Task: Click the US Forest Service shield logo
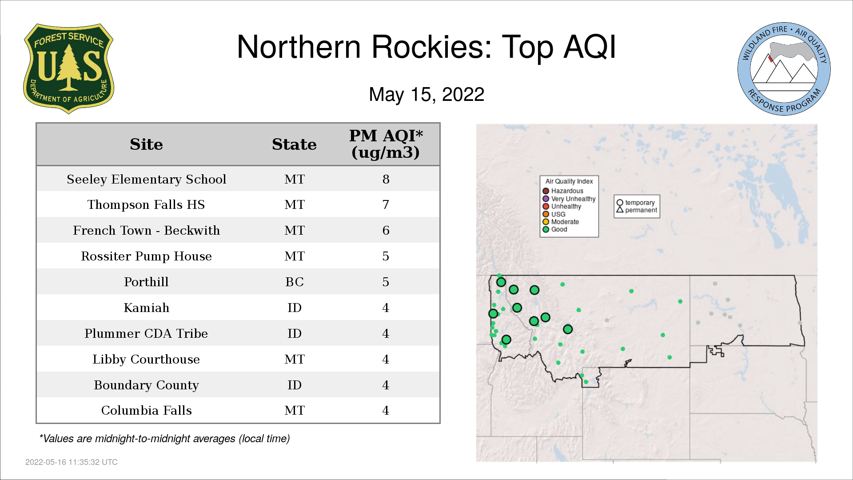(68, 69)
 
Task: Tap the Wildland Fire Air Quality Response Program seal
(784, 69)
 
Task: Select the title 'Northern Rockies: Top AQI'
(426, 47)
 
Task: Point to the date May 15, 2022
(426, 94)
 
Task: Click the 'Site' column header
(146, 144)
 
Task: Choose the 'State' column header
(294, 144)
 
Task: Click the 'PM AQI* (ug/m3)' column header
(386, 144)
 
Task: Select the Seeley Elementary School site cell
(146, 179)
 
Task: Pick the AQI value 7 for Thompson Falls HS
(386, 204)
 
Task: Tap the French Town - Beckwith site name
(146, 230)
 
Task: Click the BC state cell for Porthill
(295, 282)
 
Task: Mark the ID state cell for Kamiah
(295, 308)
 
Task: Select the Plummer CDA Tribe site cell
(146, 333)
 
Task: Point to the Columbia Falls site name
(146, 410)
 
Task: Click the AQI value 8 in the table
(386, 179)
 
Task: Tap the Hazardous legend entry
(563, 191)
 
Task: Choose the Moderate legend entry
(561, 222)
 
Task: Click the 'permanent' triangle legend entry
(637, 210)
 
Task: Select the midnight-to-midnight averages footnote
(164, 439)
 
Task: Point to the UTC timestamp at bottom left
(72, 462)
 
